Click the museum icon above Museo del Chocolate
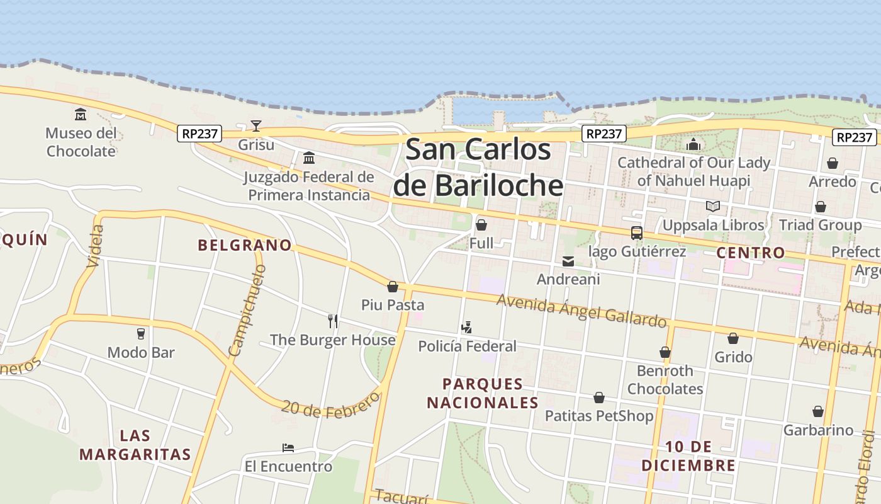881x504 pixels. coord(81,115)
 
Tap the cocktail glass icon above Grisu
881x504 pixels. coord(255,126)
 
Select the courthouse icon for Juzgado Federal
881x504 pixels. coord(309,157)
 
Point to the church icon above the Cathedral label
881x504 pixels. coord(693,144)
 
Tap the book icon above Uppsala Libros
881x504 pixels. coord(713,207)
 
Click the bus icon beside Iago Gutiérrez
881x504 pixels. coord(637,233)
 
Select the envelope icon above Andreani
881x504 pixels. coord(568,261)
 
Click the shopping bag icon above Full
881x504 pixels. coord(481,225)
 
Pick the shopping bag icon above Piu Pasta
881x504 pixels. coord(393,287)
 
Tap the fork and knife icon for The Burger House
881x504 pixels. coord(333,321)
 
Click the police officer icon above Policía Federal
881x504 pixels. coord(466,328)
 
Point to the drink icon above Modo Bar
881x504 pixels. coord(141,334)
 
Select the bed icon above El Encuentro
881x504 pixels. coord(288,448)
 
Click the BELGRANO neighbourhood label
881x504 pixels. coord(245,245)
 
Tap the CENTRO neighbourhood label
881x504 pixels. coord(751,253)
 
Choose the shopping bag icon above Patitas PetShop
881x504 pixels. coord(599,398)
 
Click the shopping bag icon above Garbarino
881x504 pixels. coord(818,412)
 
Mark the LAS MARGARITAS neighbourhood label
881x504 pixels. coord(135,445)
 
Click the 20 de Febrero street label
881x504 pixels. coord(331,404)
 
